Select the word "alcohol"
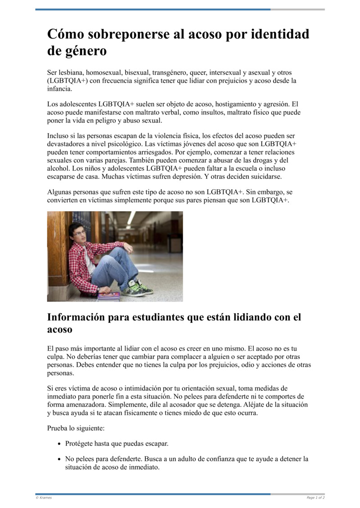point(58,168)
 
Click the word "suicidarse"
point(265,176)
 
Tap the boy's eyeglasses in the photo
point(79,233)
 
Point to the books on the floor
point(109,296)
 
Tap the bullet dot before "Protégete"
point(60,444)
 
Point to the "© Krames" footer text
point(44,498)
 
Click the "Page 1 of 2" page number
point(315,498)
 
